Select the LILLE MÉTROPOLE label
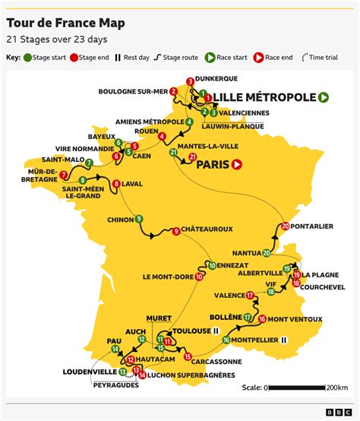(x=264, y=97)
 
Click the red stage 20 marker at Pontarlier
(x=285, y=226)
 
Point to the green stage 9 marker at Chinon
(x=139, y=220)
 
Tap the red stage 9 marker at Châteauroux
(x=175, y=231)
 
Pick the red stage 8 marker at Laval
(x=115, y=183)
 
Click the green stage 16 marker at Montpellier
(x=226, y=340)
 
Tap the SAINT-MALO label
(x=63, y=159)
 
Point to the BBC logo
(x=335, y=411)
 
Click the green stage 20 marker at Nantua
(x=267, y=253)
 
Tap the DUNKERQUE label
(x=216, y=78)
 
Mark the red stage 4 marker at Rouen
(x=163, y=136)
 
